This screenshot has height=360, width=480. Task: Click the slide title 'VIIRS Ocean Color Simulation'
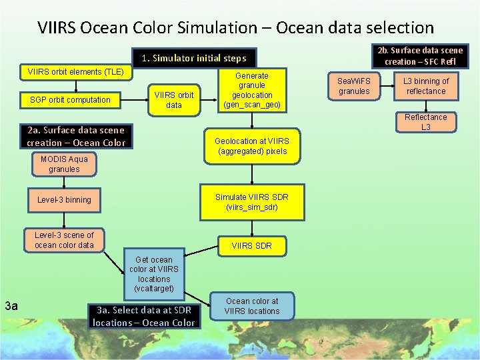pos(235,28)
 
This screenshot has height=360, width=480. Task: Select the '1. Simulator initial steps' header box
pos(193,58)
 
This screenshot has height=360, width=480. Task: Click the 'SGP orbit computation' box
pos(70,100)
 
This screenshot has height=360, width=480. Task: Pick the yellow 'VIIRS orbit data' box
pos(173,100)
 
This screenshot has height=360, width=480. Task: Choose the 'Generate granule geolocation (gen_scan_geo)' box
pos(252,90)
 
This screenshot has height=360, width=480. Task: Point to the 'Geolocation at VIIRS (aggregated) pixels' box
pos(251,146)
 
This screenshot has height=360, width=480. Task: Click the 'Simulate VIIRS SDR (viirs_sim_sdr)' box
pos(251,202)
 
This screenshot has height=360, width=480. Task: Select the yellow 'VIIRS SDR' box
pos(251,246)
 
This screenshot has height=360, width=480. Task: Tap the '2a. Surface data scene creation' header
pos(76,136)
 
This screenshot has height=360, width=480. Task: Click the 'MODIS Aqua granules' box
pos(64,164)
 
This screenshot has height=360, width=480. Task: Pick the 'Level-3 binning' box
pos(64,200)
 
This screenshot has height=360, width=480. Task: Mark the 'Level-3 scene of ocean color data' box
pos(64,240)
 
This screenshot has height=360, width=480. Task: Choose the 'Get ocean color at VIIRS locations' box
pos(153,274)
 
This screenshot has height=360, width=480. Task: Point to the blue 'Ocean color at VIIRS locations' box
pos(251,306)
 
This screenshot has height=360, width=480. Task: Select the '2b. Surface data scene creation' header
pos(419,56)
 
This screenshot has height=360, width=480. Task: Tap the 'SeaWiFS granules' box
pos(354,86)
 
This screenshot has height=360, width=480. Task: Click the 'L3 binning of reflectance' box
pos(426,86)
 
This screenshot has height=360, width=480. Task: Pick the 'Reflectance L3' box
pos(426,122)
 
